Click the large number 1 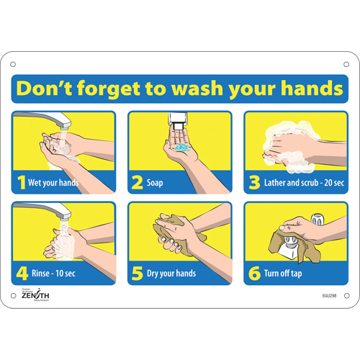pos(20,182)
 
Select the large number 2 pos(136,182)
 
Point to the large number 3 pos(253,182)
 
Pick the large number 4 pos(21,273)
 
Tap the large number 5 pos(136,273)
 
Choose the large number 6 pos(253,273)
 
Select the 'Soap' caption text pos(155,183)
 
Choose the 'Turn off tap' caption pos(285,274)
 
